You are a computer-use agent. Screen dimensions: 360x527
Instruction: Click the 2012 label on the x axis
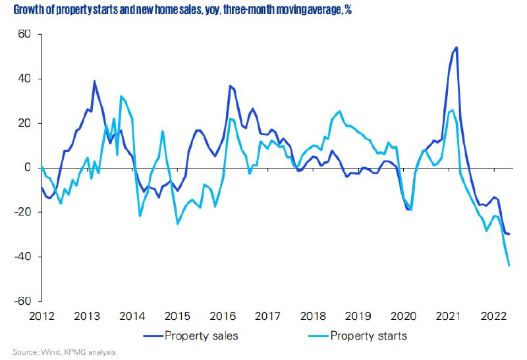[42, 316]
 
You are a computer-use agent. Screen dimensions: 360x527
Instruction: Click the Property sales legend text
[201, 336]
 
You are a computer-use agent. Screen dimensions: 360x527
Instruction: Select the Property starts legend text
[368, 336]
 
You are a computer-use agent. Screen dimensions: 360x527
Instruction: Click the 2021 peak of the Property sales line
[457, 47]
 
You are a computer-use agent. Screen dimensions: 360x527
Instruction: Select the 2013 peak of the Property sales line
[94, 82]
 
